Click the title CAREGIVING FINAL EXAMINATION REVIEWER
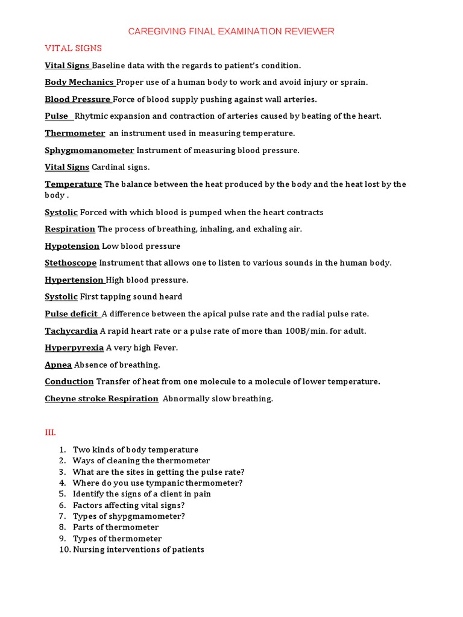(231, 31)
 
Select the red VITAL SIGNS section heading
(73, 48)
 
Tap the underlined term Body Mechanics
(80, 83)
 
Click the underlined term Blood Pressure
(78, 99)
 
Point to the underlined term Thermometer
(75, 133)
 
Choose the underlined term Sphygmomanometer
(89, 150)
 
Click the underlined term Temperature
(73, 184)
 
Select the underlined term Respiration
(70, 229)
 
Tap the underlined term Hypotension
(72, 246)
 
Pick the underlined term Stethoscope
(71, 263)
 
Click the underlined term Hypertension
(74, 280)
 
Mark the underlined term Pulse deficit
(72, 314)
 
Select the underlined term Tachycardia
(71, 331)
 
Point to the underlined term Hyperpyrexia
(74, 348)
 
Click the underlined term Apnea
(58, 365)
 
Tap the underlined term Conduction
(69, 381)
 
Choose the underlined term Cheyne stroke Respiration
(101, 398)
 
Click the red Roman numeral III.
(50, 433)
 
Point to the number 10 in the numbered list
(65, 550)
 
